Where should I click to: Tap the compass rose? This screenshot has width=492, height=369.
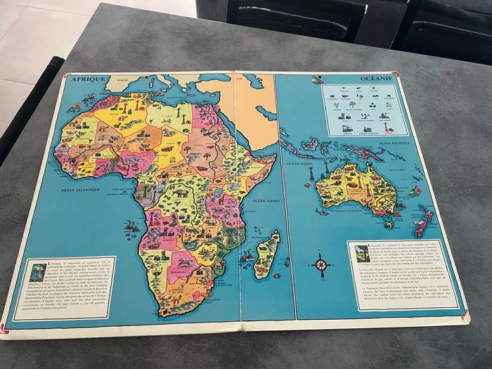(x=322, y=265)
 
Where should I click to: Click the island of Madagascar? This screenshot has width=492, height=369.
(x=267, y=253)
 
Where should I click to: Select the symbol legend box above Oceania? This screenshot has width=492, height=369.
(x=364, y=109)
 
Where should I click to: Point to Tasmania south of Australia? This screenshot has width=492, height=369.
(x=389, y=225)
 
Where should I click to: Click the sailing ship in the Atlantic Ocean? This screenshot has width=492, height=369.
(x=130, y=226)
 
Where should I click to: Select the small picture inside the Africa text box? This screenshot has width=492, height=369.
(x=39, y=270)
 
